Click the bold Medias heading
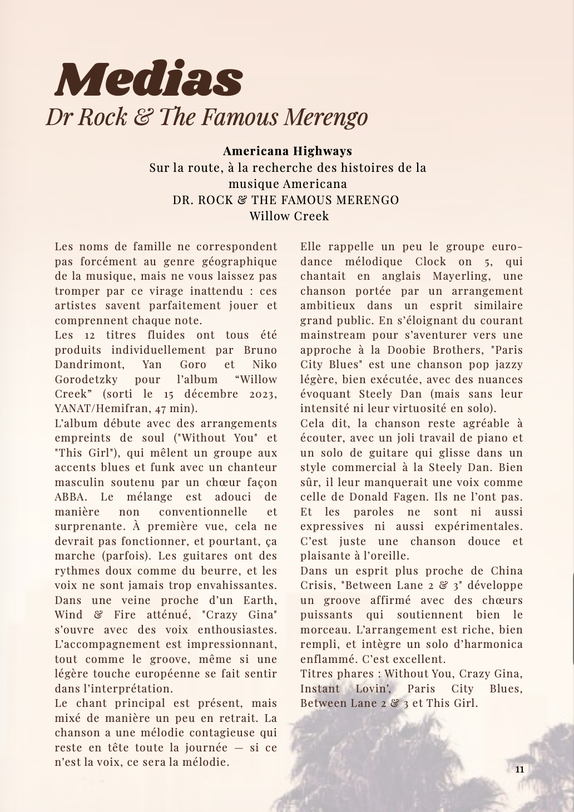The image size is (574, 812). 149,79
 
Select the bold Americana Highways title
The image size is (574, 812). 287,151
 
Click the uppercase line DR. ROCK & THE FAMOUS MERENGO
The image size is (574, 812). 286,200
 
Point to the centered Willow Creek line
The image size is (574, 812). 289,216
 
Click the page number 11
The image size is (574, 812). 520,770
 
